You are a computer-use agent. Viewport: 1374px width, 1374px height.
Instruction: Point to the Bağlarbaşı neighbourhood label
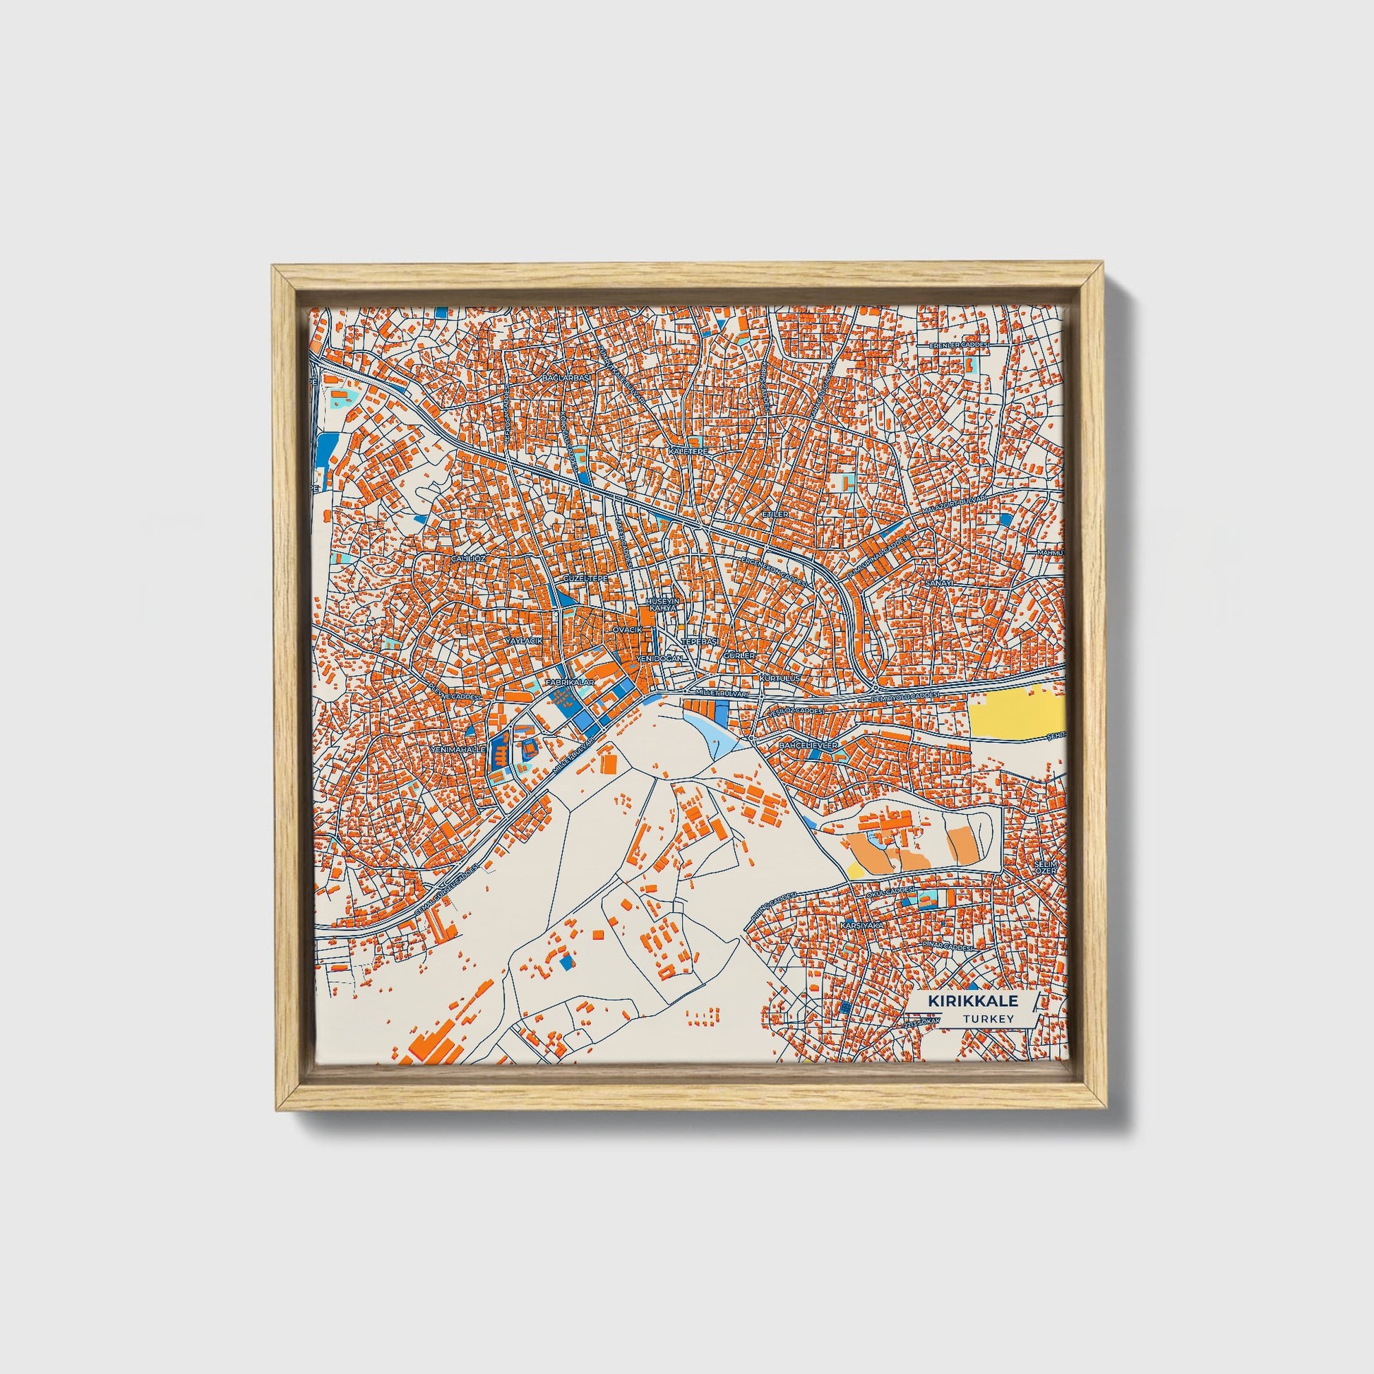coord(567,378)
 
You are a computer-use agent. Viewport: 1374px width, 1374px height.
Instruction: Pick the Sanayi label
coord(938,583)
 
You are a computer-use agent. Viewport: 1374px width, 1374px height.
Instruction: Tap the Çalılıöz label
coord(469,559)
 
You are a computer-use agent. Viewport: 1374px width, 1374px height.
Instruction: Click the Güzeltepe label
coord(585,580)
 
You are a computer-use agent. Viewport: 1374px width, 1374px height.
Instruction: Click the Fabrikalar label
coord(569,682)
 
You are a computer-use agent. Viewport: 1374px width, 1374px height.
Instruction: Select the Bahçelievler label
coord(809,745)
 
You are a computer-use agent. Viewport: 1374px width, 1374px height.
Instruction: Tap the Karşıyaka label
coord(861,925)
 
